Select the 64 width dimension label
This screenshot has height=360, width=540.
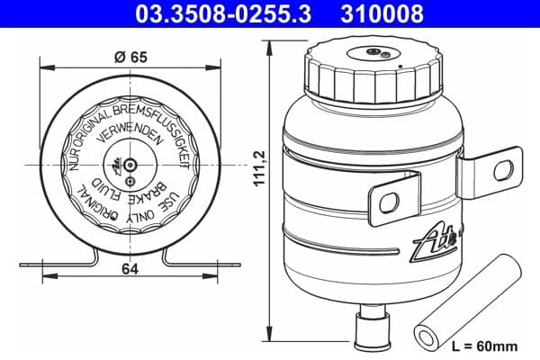(x=131, y=267)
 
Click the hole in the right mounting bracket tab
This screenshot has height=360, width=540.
(x=502, y=170)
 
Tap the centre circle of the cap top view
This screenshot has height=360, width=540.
(x=131, y=166)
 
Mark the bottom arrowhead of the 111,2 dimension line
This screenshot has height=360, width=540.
(x=267, y=346)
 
